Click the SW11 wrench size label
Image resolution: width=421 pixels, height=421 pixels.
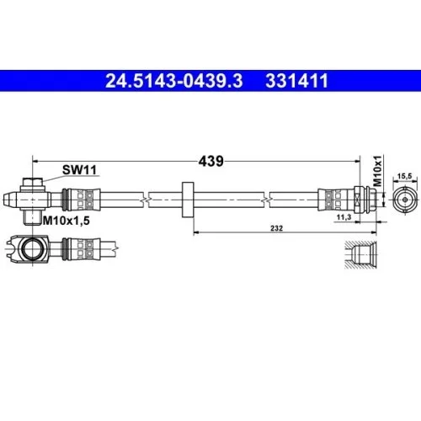click(81, 169)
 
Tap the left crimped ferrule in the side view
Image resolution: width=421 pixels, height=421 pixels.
click(85, 200)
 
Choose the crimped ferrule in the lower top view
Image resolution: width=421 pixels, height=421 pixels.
click(85, 248)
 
